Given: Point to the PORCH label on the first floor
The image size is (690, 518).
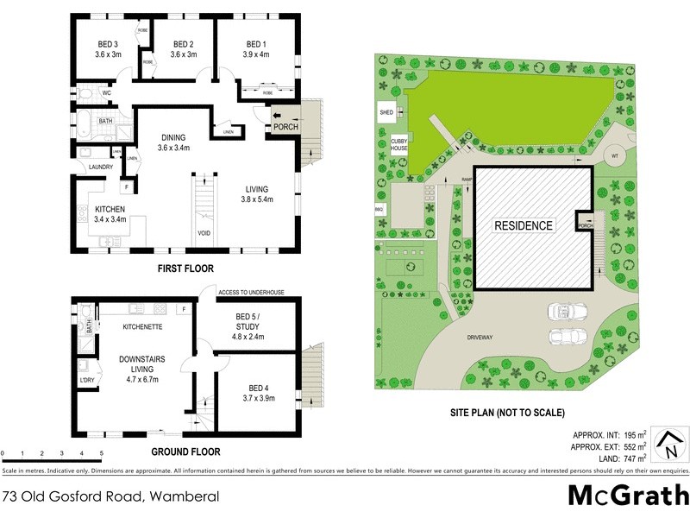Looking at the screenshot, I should point(285,127).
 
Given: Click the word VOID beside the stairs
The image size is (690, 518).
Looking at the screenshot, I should point(204,232).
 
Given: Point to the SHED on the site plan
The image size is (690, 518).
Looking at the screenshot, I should point(386,112).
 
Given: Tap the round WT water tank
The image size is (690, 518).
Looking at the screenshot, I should point(615,155).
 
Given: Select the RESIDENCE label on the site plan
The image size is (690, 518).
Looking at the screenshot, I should point(523,225).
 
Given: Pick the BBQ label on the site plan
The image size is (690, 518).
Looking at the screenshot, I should point(379,209).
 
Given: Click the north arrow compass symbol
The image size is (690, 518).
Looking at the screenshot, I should point(668,445).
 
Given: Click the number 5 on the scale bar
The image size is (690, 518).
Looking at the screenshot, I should point(101,452).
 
